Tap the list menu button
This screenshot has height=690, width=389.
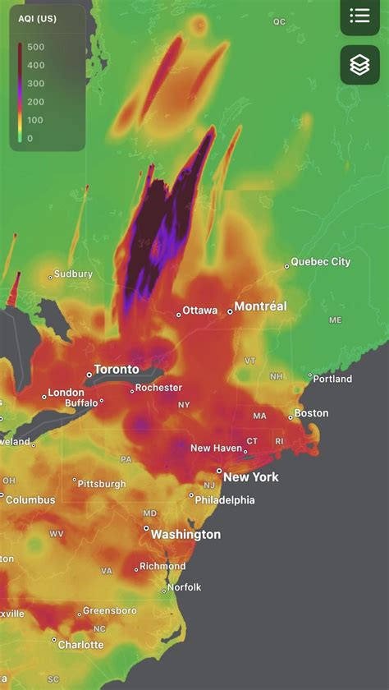coord(359,16)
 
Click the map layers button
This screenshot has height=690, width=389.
coord(359,65)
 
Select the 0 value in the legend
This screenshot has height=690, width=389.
coord(30,138)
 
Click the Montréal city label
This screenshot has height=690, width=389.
coord(260,306)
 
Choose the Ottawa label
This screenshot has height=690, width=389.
coord(200,310)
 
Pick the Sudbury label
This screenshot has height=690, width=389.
coord(73,274)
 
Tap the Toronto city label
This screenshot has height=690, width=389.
coord(117,370)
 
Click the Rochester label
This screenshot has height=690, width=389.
coord(158,388)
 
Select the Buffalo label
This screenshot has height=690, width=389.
coord(81,403)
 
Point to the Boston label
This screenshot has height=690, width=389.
coord(311,413)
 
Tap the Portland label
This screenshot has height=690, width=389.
coord(332,379)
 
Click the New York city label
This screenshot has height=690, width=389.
coord(251,477)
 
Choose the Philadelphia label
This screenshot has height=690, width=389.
coord(225,499)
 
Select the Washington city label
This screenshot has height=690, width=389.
coord(185,535)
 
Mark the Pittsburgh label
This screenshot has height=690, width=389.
coord(103,484)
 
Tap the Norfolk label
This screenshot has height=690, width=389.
coord(185,587)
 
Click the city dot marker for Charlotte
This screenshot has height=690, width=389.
coord(54,640)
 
